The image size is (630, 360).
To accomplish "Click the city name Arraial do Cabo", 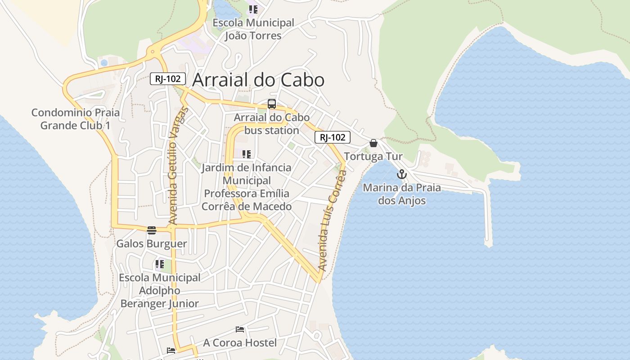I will click(258, 80).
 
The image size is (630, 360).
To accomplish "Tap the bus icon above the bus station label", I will click(272, 104).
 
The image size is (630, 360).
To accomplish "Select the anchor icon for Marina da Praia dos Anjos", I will click(401, 174).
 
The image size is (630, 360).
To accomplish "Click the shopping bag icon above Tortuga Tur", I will click(373, 143).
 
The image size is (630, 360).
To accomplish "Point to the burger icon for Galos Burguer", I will click(152, 230).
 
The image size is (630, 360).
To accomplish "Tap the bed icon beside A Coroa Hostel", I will click(240, 329).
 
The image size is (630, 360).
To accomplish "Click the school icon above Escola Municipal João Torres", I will click(253, 9).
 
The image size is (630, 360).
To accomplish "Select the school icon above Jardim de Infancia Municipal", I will click(246, 154).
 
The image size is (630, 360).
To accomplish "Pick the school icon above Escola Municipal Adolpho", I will click(159, 264).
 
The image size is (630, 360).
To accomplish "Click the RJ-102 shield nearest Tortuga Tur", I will click(332, 137).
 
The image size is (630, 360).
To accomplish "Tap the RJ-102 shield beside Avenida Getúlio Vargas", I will click(167, 79).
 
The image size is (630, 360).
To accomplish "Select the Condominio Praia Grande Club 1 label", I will click(76, 119).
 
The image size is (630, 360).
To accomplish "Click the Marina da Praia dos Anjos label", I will click(402, 194).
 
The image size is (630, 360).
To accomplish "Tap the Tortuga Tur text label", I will click(373, 157).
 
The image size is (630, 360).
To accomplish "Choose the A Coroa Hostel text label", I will click(240, 343).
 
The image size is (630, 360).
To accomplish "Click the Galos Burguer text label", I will click(152, 244).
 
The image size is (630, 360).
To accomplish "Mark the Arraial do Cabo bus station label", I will click(271, 124).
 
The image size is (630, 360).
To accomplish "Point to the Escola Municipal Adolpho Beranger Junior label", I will click(160, 291).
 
